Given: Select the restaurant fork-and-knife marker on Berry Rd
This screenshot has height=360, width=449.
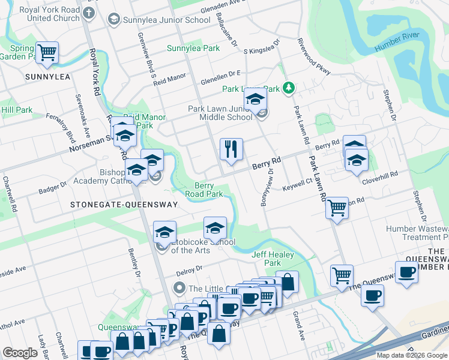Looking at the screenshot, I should click(231, 148).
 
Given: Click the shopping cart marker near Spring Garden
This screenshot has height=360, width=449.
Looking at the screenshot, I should click(46, 52).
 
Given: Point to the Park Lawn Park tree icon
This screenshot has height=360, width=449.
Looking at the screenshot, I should click(289, 88).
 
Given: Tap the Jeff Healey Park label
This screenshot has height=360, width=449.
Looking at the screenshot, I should click(266, 259).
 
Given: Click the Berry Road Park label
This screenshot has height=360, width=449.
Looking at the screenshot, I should click(208, 190).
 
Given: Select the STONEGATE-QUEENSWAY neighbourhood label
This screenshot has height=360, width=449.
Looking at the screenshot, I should click(124, 205).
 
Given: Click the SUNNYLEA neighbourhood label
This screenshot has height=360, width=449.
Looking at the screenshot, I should click(47, 77).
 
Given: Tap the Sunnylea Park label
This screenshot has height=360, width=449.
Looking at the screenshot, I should click(193, 48).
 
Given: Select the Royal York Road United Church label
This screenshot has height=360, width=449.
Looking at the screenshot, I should click(40, 14).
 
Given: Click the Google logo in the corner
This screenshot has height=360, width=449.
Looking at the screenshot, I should click(20, 353).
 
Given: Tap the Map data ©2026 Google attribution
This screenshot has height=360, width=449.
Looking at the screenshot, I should click(411, 355).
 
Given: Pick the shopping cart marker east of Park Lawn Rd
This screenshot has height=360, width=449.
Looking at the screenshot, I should click(337, 208).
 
